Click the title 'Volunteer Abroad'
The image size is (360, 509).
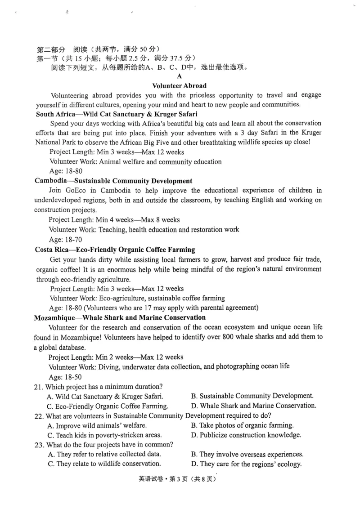pyautogui.click(x=180, y=85)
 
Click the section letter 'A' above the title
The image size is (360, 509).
pyautogui.click(x=180, y=77)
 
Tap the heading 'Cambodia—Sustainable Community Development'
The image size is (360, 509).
pyautogui.click(x=113, y=181)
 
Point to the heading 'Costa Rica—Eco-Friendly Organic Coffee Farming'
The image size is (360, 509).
pyautogui.click(x=115, y=250)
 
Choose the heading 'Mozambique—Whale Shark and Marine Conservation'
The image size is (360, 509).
pyautogui.click(x=120, y=317)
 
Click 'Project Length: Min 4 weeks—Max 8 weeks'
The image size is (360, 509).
pyautogui.click(x=114, y=219)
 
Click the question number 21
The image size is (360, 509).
pyautogui.click(x=39, y=386)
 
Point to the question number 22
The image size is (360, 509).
pyautogui.click(x=39, y=415)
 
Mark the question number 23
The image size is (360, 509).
pyautogui.click(x=39, y=445)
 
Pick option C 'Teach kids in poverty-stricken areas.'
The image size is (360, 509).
pyautogui.click(x=104, y=435)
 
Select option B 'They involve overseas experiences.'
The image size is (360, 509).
pyautogui.click(x=247, y=454)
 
